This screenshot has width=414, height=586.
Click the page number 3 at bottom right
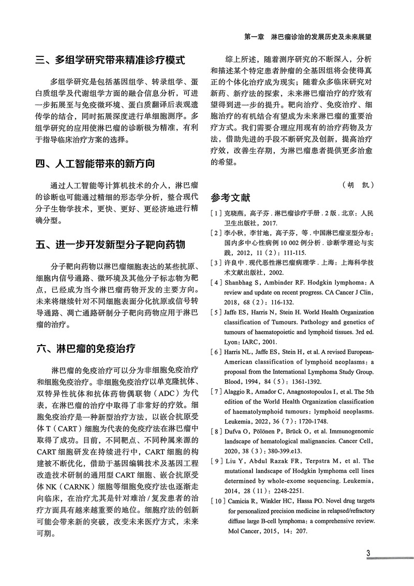pyautogui.click(x=368, y=553)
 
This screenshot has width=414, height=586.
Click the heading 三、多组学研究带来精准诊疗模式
pyautogui.click(x=110, y=60)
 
